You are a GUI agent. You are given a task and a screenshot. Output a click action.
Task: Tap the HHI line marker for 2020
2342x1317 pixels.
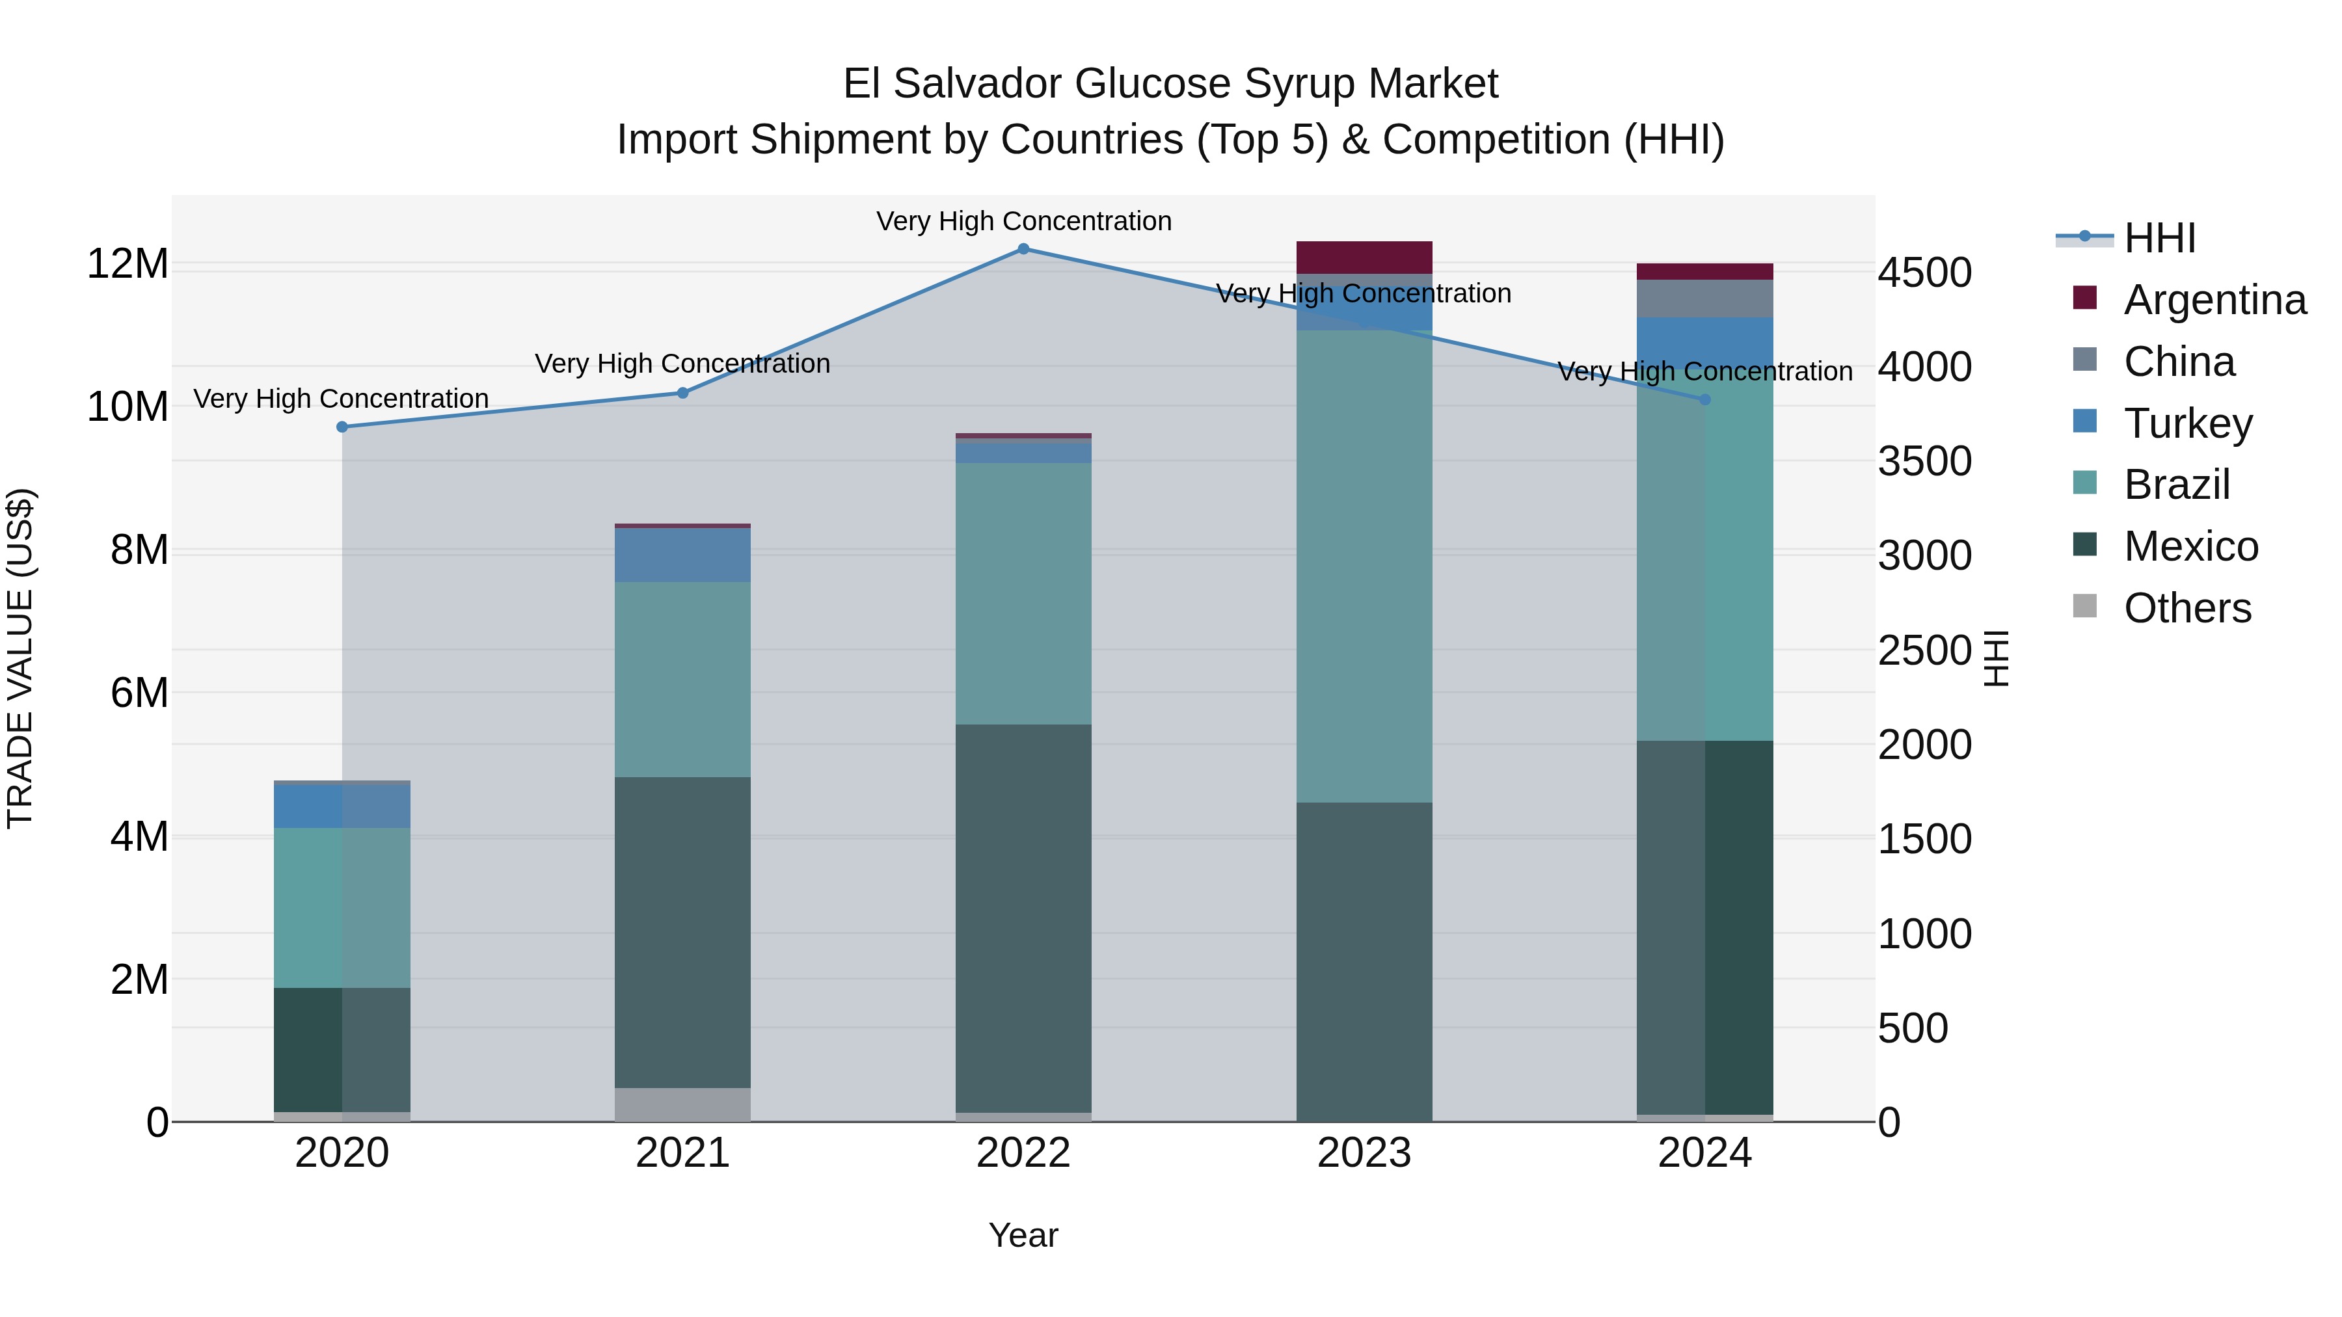tap(342, 427)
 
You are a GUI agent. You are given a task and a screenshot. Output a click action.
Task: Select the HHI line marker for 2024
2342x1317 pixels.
tap(1704, 400)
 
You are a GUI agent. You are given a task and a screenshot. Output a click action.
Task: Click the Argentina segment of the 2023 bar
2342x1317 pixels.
tap(1364, 257)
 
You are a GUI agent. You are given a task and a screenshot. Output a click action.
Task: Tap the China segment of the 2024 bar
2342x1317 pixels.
tap(1704, 298)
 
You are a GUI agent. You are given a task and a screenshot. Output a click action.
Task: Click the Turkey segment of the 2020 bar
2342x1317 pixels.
tap(342, 806)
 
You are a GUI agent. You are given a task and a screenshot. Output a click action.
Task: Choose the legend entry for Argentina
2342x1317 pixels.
tap(2214, 300)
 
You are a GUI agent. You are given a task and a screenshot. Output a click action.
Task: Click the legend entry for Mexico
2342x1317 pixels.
tap(2191, 546)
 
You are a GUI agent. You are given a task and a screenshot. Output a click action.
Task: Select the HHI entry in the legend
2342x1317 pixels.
tap(2160, 238)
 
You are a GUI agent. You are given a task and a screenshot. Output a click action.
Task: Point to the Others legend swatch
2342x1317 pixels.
tap(2085, 606)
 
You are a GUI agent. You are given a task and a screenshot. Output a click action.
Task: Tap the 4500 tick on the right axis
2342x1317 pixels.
tap(1925, 273)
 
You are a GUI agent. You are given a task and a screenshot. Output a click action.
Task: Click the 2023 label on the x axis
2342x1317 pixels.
tap(1364, 1153)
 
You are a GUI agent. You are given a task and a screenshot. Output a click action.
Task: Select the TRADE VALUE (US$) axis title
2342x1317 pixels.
tap(20, 658)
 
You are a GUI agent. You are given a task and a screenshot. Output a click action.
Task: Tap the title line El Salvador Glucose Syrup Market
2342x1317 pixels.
tap(1170, 84)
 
